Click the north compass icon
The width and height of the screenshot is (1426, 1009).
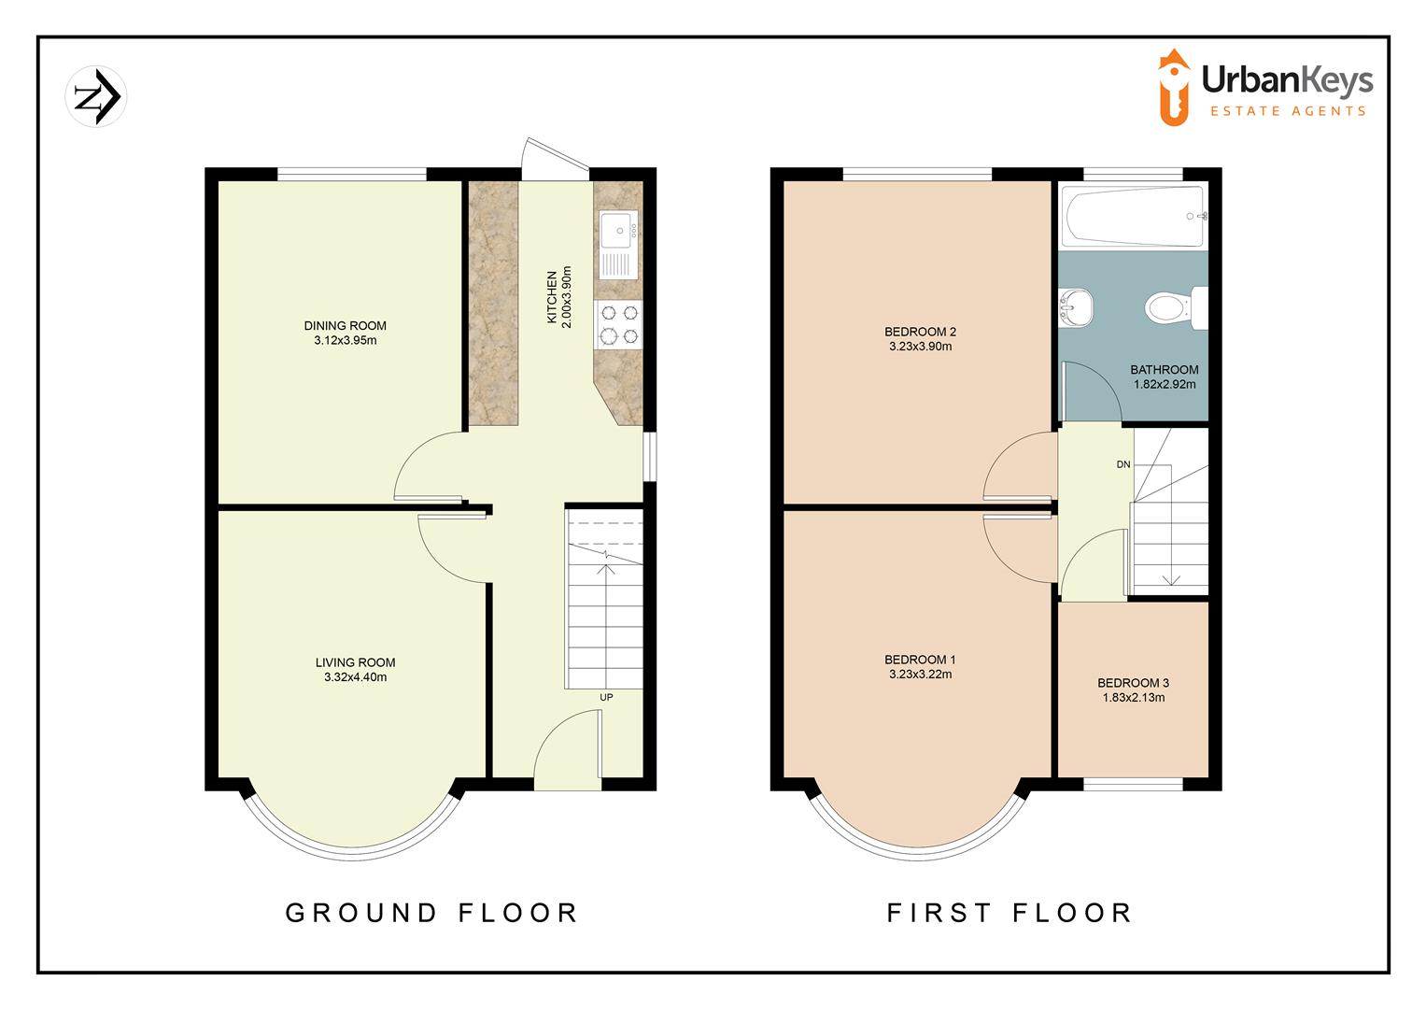click(96, 96)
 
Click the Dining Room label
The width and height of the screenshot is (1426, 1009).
click(345, 326)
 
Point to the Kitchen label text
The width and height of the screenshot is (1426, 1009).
click(552, 298)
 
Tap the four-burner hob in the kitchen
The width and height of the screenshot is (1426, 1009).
click(618, 323)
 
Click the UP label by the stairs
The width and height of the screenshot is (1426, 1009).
click(606, 698)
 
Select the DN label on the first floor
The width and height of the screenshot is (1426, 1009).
click(1122, 464)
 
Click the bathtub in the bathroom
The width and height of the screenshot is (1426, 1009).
click(1133, 218)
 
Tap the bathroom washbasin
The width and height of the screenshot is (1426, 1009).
click(1073, 308)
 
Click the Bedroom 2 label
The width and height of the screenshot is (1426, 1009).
click(920, 332)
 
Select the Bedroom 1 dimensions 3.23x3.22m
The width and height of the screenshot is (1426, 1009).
click(920, 675)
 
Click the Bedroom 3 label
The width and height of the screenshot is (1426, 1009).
click(1133, 683)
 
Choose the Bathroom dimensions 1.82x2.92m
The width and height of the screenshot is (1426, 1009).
click(1164, 384)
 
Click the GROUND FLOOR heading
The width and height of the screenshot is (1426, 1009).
click(431, 912)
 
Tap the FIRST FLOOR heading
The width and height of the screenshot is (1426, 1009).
click(1009, 912)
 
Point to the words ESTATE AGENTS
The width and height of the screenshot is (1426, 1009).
click(1288, 111)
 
